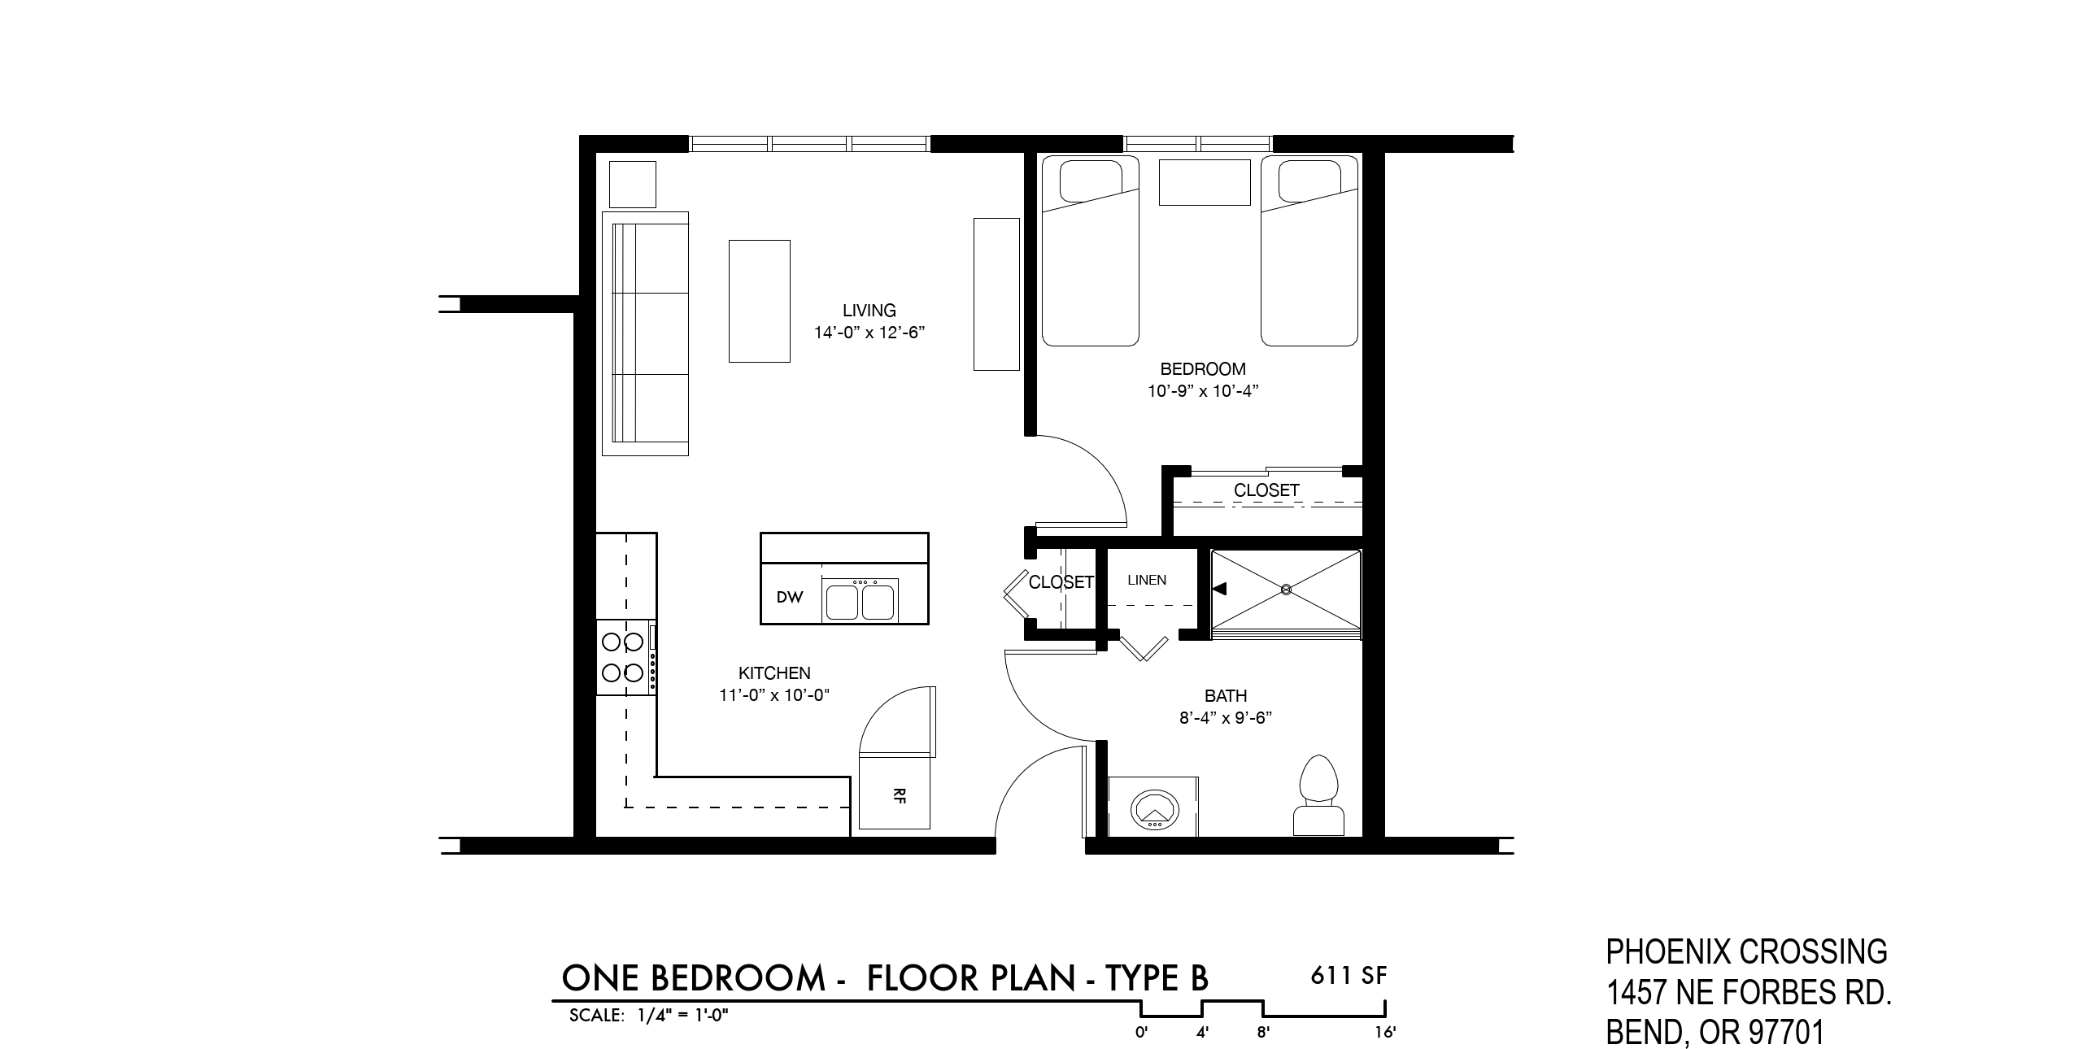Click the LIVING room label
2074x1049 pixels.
coord(869,311)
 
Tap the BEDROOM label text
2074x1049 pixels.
coord(1202,369)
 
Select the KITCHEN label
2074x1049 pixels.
coord(774,673)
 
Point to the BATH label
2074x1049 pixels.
coord(1226,696)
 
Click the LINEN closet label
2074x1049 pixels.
coord(1147,580)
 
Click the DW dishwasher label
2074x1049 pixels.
coord(789,598)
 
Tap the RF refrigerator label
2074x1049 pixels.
coord(899,796)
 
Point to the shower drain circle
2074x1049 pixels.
coord(1286,589)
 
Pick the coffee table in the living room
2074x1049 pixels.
coord(759,301)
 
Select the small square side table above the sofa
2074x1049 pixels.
coord(633,185)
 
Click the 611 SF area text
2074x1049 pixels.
coord(1349,975)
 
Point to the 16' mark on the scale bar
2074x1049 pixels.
coord(1385,1033)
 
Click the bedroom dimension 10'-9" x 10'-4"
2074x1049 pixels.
coord(1203,391)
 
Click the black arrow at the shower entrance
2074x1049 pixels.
coord(1219,588)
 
